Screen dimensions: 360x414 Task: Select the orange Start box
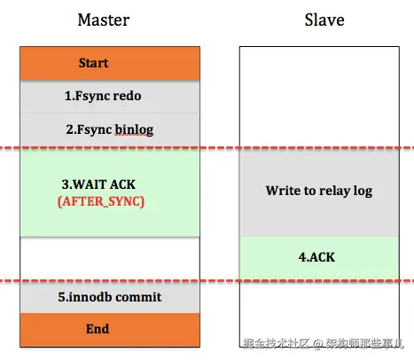pos(111,64)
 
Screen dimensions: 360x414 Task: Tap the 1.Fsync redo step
pos(111,96)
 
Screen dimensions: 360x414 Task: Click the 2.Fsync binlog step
pos(111,129)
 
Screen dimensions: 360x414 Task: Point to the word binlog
pos(134,129)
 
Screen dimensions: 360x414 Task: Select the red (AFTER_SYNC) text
pos(100,201)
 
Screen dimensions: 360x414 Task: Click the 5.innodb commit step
pos(111,297)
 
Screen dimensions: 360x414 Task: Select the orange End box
pos(111,329)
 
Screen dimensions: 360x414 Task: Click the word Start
pos(94,64)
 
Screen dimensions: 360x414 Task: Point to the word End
pos(98,329)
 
